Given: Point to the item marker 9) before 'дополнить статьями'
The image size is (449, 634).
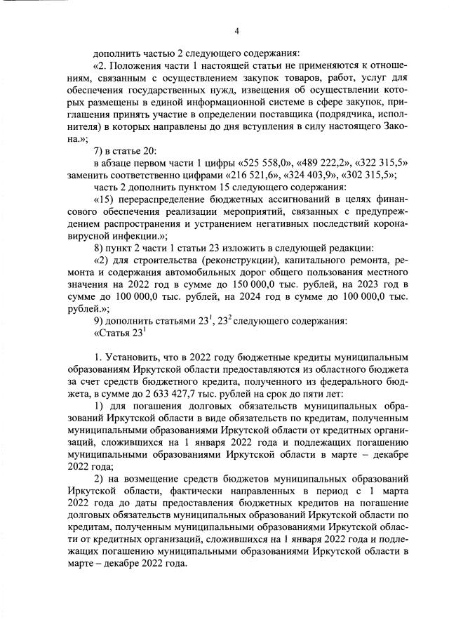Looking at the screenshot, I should [100, 321].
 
